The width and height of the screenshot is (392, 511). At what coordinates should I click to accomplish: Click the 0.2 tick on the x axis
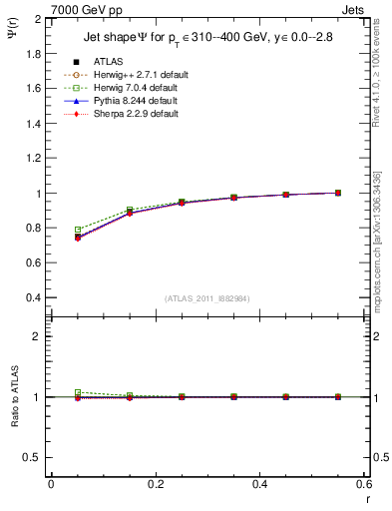pos(156,483)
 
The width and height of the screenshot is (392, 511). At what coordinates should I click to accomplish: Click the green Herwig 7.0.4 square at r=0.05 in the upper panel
pos(78,230)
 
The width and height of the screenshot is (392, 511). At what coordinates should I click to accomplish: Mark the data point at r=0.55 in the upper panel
pos(338,193)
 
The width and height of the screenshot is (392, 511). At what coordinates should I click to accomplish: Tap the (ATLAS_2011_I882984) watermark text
pos(206,298)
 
